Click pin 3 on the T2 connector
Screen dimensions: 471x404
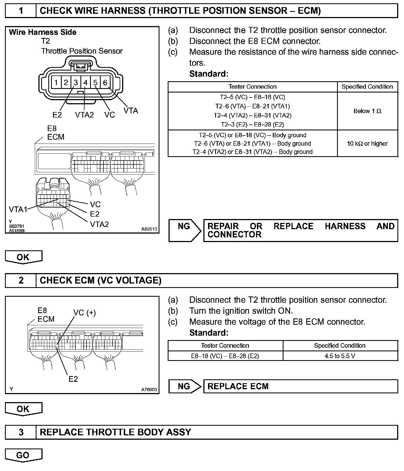point(76,82)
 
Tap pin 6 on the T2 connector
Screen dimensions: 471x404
point(105,82)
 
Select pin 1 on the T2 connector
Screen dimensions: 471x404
point(56,82)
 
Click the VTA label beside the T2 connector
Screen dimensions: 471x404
point(131,111)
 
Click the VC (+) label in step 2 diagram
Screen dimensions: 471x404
point(85,313)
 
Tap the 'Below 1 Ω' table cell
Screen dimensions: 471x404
point(367,111)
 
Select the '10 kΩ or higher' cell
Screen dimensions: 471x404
point(367,144)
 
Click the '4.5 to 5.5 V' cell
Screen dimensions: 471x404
point(340,356)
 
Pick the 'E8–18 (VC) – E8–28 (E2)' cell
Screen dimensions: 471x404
point(225,356)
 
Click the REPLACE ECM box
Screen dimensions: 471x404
point(301,386)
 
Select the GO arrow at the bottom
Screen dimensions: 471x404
point(23,455)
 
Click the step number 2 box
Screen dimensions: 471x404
point(21,280)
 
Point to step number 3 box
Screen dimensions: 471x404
point(21,432)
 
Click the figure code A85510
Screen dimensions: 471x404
point(149,229)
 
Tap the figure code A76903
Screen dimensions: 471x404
point(149,389)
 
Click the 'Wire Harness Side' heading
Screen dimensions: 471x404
point(43,32)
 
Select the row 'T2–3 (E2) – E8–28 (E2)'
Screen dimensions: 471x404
point(252,125)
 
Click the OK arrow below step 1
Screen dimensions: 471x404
point(23,257)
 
